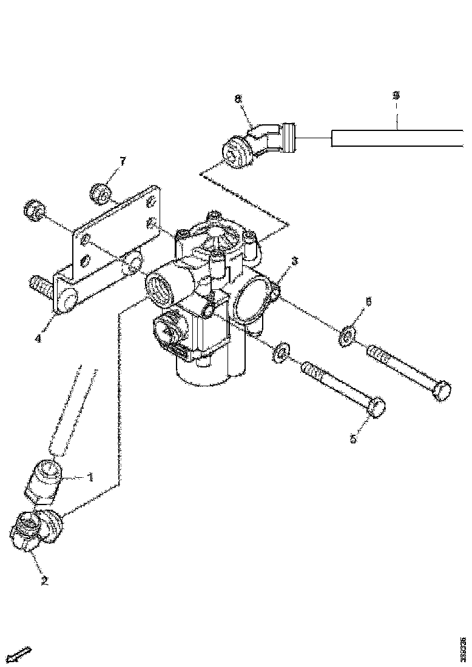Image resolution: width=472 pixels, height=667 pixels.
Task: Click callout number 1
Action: point(90,477)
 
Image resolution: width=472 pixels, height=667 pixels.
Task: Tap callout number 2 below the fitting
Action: point(44,580)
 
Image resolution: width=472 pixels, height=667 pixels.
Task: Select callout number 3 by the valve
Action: point(294,261)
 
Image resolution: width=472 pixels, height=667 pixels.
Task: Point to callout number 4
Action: point(38,338)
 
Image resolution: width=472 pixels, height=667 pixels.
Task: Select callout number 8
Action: point(238,98)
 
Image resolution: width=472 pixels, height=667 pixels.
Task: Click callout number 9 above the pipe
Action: point(396,96)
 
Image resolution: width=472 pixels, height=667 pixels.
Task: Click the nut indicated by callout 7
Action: point(102,193)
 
